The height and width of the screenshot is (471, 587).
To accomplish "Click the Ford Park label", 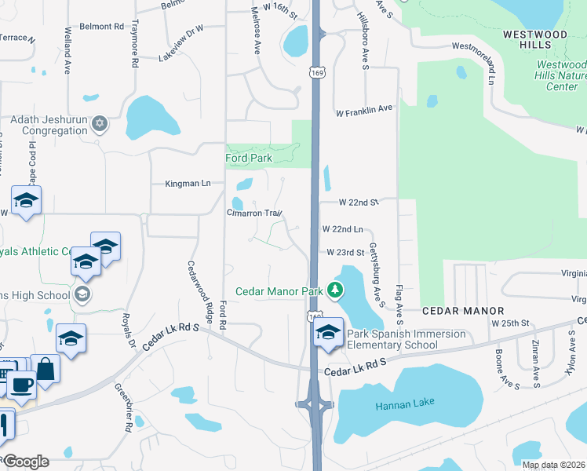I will point(249,158).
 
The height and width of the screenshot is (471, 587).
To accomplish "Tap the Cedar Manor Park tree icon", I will point(336,291).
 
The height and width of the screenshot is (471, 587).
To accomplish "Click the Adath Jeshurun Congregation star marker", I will point(100,124).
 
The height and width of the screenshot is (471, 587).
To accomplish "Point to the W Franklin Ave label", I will point(364,109).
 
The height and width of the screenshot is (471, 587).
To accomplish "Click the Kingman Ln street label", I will point(188,184).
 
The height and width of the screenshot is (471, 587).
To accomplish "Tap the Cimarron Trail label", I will point(254,214).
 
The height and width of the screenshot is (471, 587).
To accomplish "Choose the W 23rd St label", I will point(345,253).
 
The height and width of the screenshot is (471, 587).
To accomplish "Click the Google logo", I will point(25,462).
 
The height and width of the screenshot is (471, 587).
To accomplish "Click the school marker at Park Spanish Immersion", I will point(327,333).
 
